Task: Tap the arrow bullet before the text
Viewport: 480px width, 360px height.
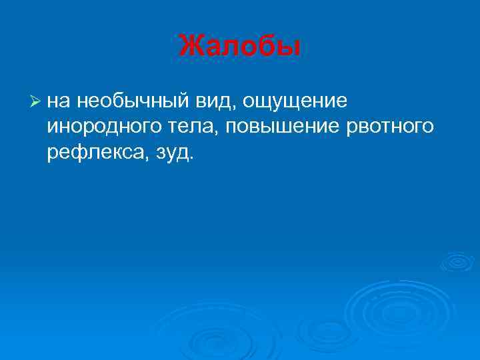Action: click(36, 101)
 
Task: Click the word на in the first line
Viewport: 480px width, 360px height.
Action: click(59, 101)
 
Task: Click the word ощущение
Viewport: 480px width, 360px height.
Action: click(296, 101)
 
